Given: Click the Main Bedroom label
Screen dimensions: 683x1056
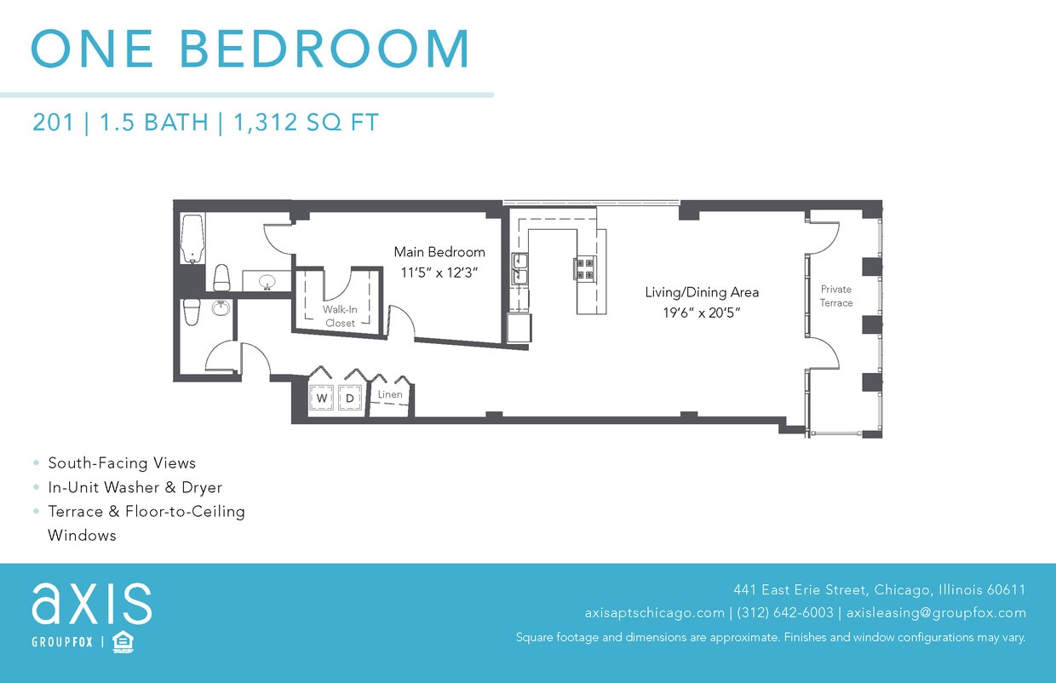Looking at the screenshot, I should pyautogui.click(x=439, y=252).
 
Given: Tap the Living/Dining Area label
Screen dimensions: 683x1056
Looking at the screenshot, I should pyautogui.click(x=702, y=292).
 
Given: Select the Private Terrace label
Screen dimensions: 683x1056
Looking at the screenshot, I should pyautogui.click(x=835, y=296).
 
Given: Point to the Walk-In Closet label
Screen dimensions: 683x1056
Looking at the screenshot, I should pyautogui.click(x=340, y=316).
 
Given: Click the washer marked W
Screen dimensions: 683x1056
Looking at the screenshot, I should pyautogui.click(x=322, y=398).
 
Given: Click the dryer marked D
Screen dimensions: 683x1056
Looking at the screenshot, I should pyautogui.click(x=349, y=398).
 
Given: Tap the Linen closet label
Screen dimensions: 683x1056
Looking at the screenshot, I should pyautogui.click(x=390, y=394).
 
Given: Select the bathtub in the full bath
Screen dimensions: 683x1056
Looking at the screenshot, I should pyautogui.click(x=192, y=239).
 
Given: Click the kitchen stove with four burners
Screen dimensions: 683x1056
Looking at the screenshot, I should pyautogui.click(x=585, y=268).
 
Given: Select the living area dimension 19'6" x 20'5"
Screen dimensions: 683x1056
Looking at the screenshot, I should pyautogui.click(x=702, y=313).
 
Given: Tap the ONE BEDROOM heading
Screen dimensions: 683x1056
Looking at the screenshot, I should pyautogui.click(x=250, y=49).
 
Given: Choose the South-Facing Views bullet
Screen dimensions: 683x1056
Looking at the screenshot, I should pyautogui.click(x=122, y=463).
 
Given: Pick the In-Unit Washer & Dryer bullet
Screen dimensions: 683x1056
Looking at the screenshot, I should pyautogui.click(x=135, y=487).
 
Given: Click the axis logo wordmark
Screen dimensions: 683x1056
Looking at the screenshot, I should pyautogui.click(x=92, y=603).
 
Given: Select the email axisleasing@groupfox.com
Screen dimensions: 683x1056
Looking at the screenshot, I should pyautogui.click(x=936, y=612).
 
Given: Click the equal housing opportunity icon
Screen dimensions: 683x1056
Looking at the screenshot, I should pyautogui.click(x=123, y=641).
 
